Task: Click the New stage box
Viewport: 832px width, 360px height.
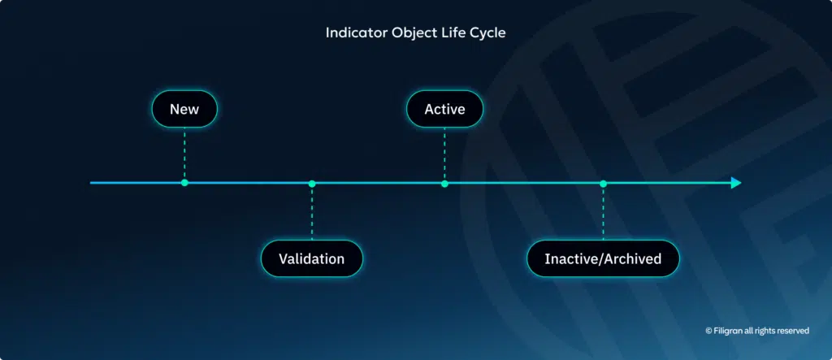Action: (184, 109)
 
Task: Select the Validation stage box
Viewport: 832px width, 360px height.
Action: (311, 258)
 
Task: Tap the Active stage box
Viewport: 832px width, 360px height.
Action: (444, 109)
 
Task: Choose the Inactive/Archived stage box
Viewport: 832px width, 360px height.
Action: (603, 258)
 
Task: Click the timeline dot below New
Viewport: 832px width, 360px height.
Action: (184, 183)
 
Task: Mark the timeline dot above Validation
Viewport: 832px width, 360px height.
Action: (312, 183)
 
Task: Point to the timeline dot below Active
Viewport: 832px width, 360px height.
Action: (444, 183)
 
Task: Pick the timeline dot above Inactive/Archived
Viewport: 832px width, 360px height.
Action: (603, 183)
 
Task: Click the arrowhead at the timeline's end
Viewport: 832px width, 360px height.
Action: (735, 183)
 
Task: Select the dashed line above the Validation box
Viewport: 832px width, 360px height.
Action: (312, 213)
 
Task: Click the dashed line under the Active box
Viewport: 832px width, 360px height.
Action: (444, 154)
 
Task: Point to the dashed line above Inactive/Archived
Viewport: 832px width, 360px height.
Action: (603, 213)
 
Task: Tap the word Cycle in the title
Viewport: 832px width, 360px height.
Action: (487, 33)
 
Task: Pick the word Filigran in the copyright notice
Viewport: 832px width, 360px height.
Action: (729, 331)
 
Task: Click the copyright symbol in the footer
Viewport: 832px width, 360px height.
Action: (708, 331)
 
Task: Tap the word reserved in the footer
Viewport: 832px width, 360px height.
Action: (792, 331)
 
